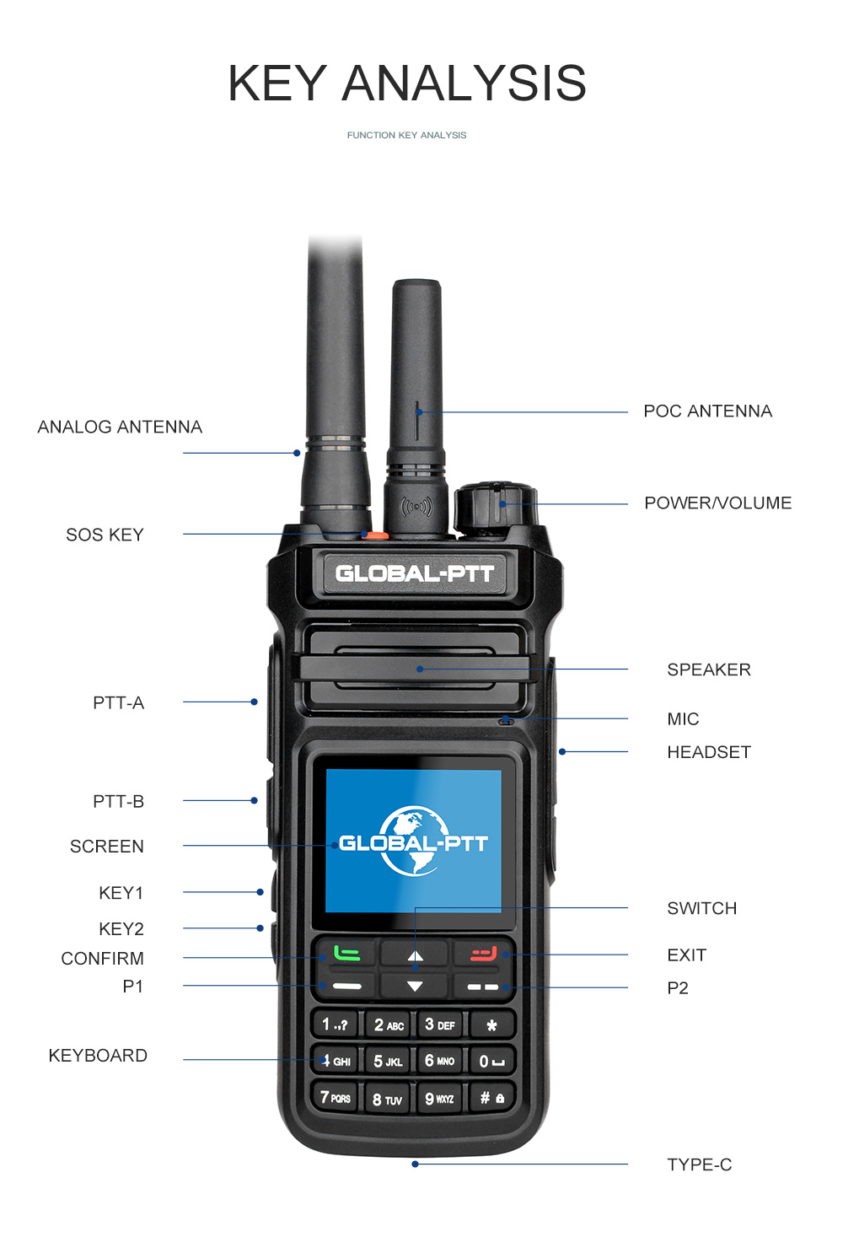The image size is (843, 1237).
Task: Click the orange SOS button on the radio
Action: pos(376,535)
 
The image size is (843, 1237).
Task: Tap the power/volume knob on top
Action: pos(495,506)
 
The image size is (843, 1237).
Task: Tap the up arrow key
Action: pos(415,955)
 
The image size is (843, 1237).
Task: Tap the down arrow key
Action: pos(415,986)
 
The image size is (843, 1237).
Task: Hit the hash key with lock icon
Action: pos(491,1098)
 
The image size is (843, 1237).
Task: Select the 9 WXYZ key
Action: pos(439,1099)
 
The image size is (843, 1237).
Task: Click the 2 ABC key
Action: pos(389,1025)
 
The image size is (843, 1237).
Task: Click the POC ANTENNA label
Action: pos(707,411)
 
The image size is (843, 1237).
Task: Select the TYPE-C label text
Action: pos(699,1164)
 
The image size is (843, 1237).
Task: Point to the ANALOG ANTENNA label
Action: pos(120,428)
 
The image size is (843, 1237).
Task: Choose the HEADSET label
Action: pos(708,752)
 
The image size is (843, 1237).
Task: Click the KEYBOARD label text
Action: pos(98,1056)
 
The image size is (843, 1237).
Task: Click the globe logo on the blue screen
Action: pos(413,841)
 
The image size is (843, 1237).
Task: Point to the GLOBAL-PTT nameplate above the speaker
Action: pos(414,574)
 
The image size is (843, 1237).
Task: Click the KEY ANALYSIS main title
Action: pos(407,83)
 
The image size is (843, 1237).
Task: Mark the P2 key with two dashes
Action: pos(483,987)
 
